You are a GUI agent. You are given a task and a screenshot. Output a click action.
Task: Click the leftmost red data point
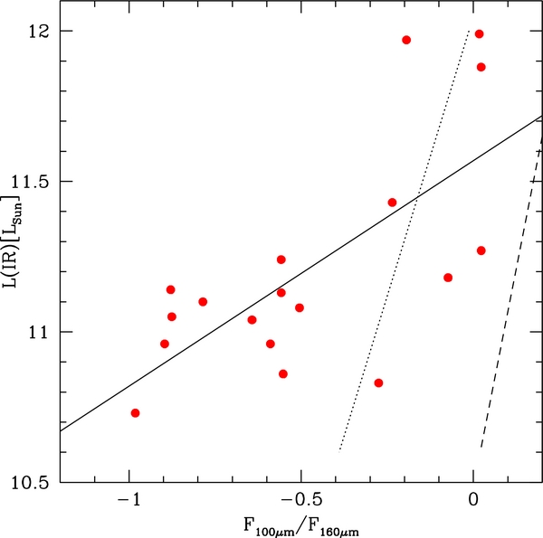pos(136,413)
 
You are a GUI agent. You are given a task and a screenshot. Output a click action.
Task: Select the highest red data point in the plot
pos(480,34)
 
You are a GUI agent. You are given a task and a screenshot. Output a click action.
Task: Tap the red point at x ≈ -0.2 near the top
pos(406,40)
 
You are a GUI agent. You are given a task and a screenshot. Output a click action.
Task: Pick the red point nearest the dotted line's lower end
pos(378,383)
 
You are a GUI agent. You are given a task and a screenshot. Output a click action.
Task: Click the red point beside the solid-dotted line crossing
pos(392,203)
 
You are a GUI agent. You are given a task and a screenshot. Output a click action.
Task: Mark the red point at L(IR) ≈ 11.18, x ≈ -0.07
pos(448,278)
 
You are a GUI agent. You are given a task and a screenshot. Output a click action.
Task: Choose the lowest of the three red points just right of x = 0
pos(481,250)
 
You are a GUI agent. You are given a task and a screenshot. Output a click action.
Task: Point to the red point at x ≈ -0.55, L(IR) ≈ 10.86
pos(283,373)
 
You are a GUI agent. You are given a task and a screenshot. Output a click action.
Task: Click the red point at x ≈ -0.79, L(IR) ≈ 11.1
pos(203,302)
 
